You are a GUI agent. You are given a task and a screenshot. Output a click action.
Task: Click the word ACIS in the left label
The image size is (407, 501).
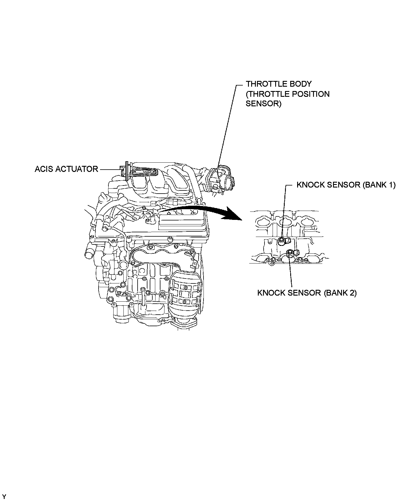[44, 169]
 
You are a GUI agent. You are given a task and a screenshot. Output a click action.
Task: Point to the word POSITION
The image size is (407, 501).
[311, 94]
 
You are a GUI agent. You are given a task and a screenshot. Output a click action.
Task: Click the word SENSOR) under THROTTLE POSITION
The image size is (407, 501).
[263, 104]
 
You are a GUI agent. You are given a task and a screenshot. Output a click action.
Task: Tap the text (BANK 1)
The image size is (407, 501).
[378, 185]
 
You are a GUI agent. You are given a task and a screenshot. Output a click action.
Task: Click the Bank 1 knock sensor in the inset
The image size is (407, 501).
[282, 241]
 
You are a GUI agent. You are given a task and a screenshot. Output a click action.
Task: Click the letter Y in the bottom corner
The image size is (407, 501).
[4, 497]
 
